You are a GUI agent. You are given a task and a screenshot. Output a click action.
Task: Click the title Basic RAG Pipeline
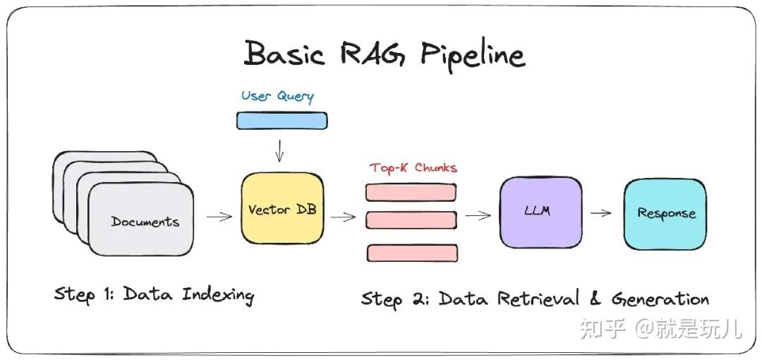tap(385, 55)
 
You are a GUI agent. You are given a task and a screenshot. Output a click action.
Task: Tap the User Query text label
tap(277, 96)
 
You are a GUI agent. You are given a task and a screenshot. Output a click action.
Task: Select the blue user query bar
tap(281, 121)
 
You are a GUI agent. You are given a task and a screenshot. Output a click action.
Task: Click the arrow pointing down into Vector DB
tap(281, 150)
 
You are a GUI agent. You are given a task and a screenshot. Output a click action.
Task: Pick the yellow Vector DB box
tap(282, 210)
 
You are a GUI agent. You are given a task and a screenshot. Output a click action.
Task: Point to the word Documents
tap(145, 222)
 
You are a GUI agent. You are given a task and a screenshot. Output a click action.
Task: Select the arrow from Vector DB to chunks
tap(343, 217)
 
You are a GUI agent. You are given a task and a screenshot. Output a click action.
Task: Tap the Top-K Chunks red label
tap(413, 168)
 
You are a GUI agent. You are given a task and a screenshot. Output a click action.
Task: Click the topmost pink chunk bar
tap(411, 192)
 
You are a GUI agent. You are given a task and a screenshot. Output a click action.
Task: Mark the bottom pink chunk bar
tap(412, 253)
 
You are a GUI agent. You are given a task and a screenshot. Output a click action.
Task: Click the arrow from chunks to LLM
tap(478, 215)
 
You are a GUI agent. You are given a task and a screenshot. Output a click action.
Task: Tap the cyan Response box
tap(665, 214)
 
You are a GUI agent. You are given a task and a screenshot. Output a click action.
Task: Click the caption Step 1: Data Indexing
tap(154, 294)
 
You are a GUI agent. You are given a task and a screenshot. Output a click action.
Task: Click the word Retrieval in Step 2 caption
tap(541, 299)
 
